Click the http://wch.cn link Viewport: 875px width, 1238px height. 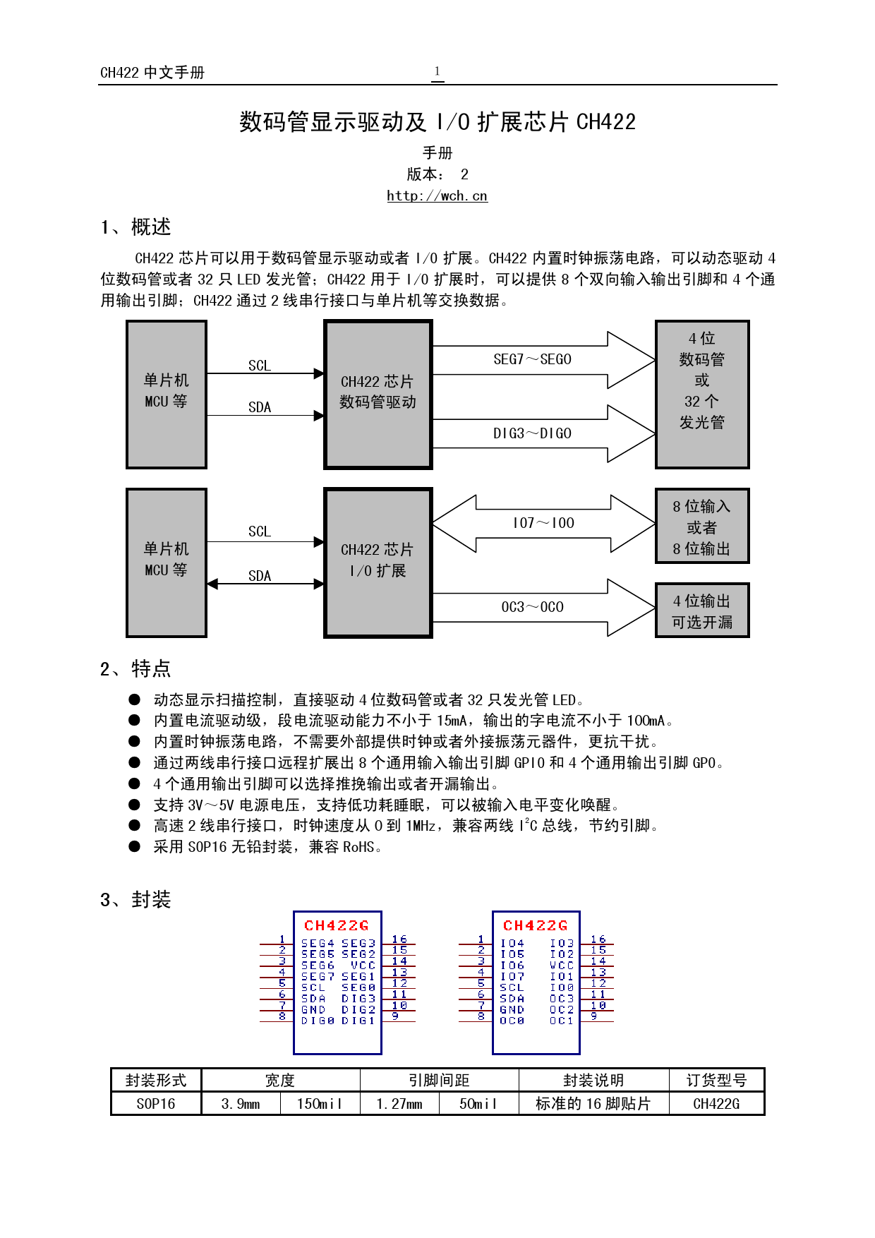437,196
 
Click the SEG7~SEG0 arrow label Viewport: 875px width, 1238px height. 532,359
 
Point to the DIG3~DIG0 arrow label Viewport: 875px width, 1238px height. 532,433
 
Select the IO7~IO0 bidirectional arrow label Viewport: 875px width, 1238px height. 543,523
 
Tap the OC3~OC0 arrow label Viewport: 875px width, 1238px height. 532,607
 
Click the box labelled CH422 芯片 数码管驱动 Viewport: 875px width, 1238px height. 378,395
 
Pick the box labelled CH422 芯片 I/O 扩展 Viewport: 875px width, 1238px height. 378,563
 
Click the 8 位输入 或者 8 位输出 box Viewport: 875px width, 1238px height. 701,527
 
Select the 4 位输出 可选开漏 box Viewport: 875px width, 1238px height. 701,611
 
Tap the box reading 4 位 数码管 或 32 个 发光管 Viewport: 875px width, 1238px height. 701,395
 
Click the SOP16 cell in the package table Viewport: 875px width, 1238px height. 156,1104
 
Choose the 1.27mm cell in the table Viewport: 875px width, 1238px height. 399,1104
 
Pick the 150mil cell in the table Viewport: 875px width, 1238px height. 319,1104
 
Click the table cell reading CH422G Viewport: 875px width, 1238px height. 716,1104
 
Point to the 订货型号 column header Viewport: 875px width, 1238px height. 716,1081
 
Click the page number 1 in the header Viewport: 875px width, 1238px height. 437,71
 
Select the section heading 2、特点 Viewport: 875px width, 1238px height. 135,668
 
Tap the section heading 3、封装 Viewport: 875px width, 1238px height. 135,899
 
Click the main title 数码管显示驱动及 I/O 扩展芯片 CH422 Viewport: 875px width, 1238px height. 437,122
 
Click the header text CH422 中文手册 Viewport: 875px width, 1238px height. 152,73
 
